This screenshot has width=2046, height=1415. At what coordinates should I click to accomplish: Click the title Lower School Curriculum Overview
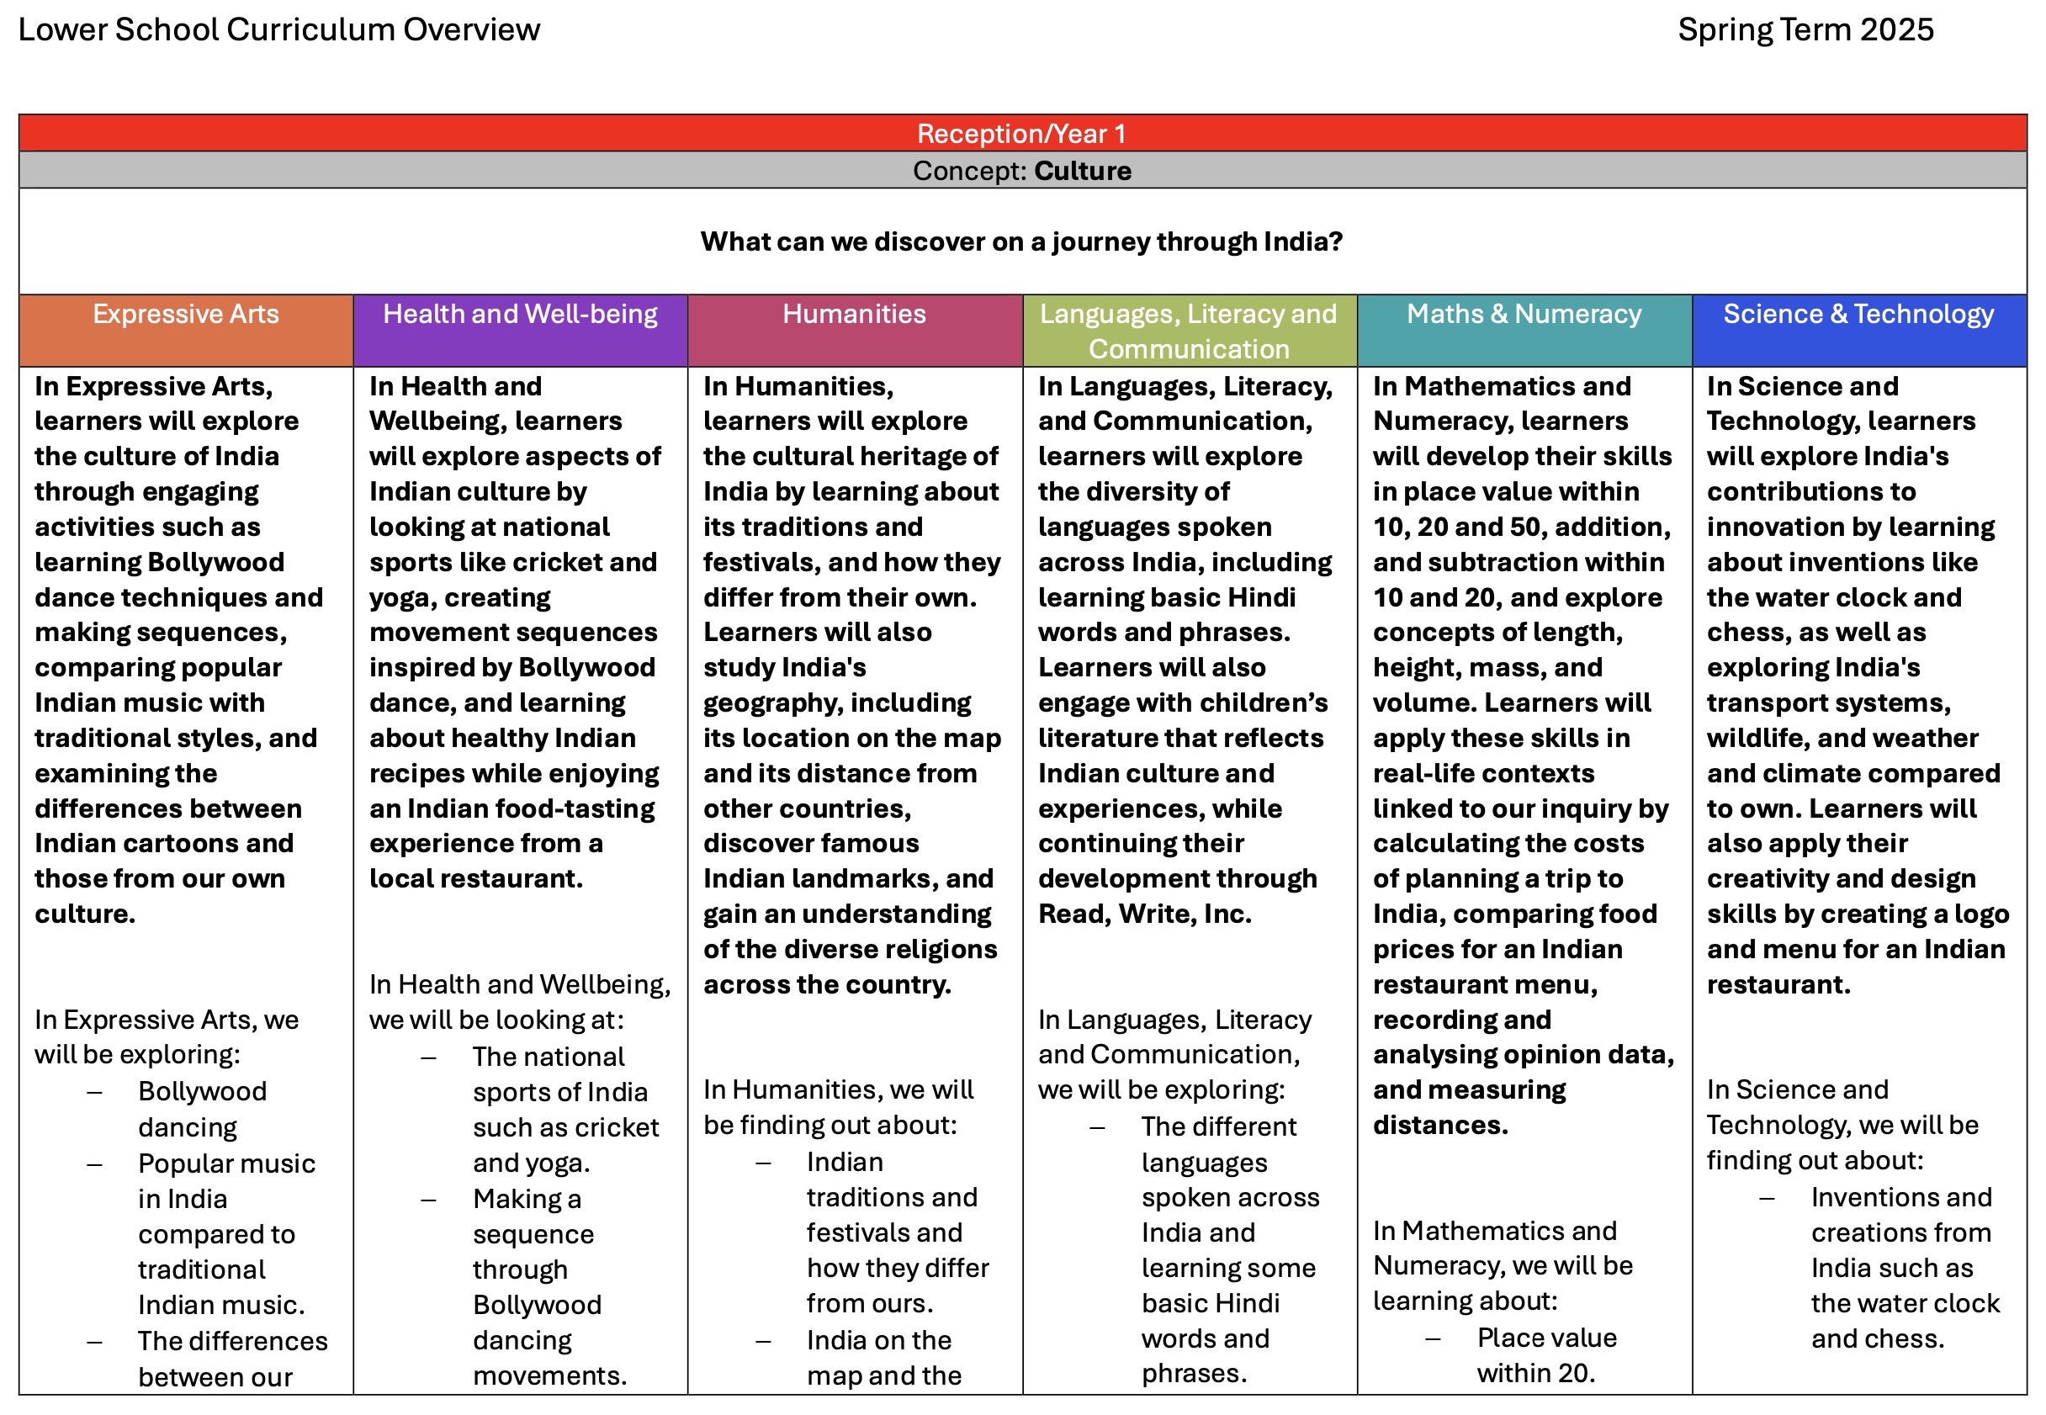(278, 30)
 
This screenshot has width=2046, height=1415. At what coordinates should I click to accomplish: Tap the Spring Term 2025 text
(1805, 30)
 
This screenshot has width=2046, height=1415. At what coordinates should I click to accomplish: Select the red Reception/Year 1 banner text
(1021, 134)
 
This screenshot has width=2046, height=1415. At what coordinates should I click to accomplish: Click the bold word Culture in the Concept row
(1083, 171)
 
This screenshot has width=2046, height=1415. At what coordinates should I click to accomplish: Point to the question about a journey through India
(1021, 241)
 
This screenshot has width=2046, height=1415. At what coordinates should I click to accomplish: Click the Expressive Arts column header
(185, 314)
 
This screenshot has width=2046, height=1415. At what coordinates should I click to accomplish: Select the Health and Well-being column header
(521, 314)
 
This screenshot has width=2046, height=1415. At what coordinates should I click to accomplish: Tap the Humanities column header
(854, 314)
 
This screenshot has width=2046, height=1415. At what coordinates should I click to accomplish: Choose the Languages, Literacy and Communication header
(1188, 331)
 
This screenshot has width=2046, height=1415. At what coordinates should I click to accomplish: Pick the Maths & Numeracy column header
(1524, 314)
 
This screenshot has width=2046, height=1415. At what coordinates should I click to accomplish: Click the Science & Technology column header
(1858, 314)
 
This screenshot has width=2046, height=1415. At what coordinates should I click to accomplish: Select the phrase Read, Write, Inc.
(1144, 914)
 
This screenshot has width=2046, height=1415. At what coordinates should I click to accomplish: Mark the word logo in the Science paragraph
(1981, 914)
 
